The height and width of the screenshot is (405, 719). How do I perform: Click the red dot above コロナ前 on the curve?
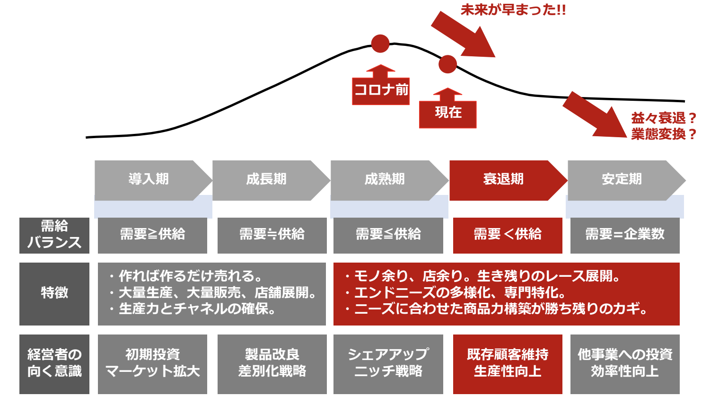380,44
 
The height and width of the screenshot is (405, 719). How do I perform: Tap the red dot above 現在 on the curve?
447,64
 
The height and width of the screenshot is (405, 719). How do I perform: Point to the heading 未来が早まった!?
513,10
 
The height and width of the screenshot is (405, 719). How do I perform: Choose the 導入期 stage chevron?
153,181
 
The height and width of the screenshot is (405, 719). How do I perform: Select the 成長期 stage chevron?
271,181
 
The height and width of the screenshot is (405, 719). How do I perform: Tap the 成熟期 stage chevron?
390,181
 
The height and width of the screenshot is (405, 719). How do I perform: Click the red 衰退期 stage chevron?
509,181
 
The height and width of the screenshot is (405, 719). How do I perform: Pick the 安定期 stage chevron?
627,181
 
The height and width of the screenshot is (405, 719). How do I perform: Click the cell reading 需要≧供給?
152,236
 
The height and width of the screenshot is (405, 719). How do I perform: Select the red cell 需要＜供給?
508,236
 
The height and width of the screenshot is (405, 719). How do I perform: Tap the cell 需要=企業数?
625,236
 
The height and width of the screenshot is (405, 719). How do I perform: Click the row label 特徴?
54,294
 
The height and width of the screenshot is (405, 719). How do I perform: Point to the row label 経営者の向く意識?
54,364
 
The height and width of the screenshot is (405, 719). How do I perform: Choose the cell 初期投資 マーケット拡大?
152,364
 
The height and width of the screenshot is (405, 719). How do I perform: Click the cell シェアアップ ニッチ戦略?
388,364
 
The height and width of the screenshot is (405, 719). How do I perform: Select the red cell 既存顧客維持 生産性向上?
508,364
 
